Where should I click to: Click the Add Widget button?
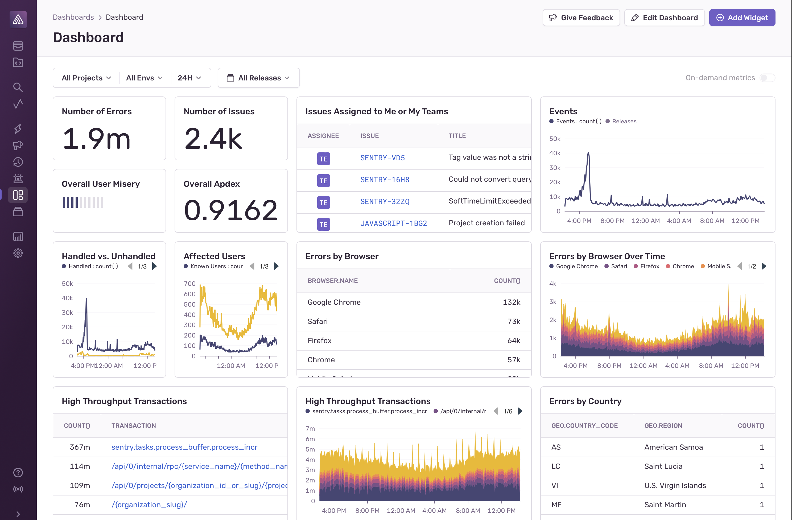point(742,18)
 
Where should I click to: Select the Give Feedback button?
point(581,18)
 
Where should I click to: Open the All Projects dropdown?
point(86,78)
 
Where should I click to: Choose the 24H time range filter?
point(189,78)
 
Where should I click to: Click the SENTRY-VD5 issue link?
point(382,158)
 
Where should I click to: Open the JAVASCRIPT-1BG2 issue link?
point(393,223)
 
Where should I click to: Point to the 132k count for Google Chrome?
point(511,302)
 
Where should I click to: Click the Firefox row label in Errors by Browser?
point(319,340)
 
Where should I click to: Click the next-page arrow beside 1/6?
point(520,411)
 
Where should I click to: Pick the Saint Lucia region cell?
point(663,466)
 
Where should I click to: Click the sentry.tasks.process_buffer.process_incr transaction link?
point(184,447)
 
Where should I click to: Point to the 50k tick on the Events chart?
point(555,139)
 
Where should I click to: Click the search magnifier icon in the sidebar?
point(18,87)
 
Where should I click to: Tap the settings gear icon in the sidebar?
point(18,253)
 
